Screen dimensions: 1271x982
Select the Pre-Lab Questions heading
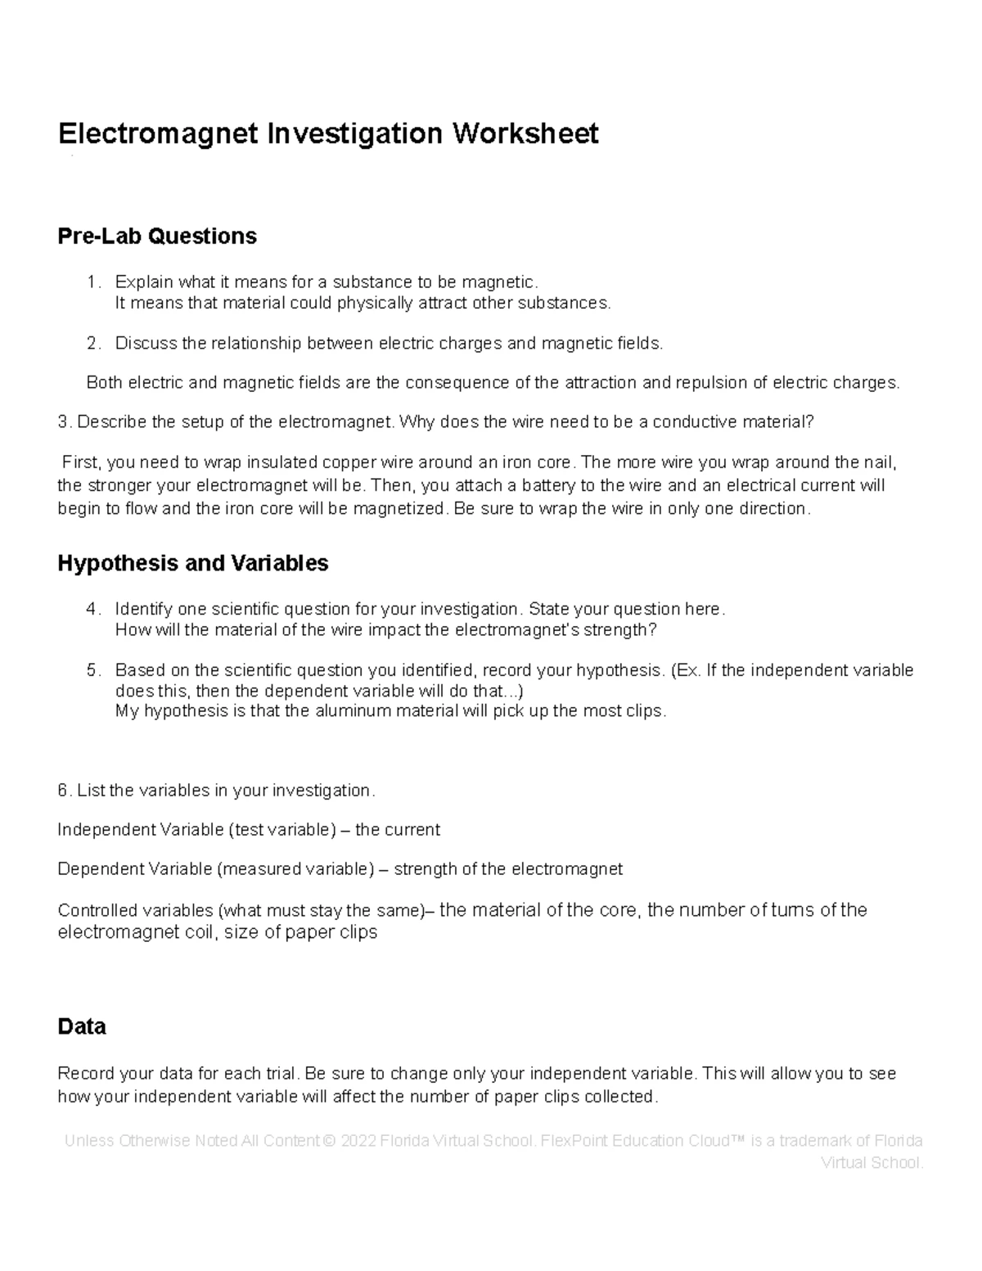point(157,237)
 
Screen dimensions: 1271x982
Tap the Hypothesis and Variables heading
point(193,563)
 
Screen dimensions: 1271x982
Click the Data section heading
point(82,1026)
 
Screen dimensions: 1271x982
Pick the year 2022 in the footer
point(358,1141)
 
